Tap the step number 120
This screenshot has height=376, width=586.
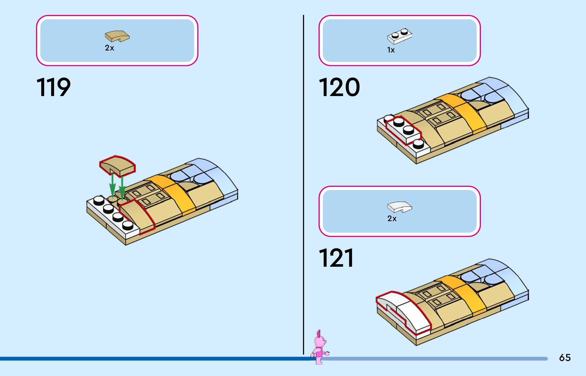[339, 87]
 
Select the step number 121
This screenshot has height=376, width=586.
[336, 258]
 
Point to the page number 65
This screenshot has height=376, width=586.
[565, 358]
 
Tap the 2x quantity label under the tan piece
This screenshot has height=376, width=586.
[109, 48]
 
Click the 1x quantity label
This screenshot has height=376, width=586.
[391, 50]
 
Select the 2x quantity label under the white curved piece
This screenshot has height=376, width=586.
[392, 219]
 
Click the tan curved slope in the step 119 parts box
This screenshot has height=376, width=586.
[117, 36]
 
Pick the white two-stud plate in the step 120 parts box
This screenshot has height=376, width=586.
[399, 36]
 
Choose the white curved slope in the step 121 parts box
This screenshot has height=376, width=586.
[399, 207]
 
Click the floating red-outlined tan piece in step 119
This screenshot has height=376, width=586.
[117, 166]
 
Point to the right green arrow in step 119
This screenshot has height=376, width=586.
[122, 189]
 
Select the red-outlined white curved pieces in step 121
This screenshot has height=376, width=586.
[405, 311]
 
